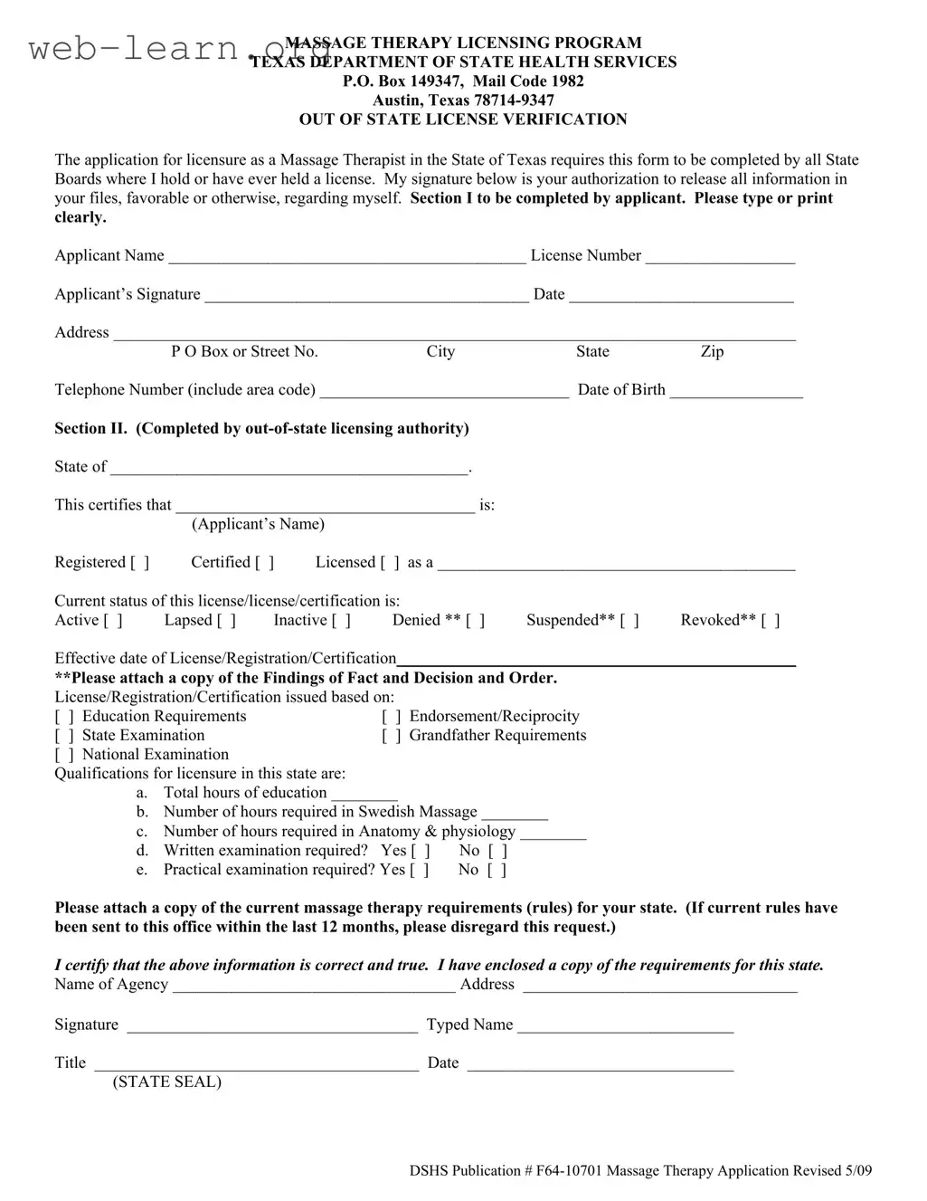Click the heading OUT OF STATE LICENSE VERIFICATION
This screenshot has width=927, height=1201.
click(463, 119)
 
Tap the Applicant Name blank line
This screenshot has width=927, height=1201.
click(347, 257)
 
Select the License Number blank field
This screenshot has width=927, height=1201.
click(720, 257)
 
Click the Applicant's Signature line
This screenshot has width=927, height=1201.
click(366, 295)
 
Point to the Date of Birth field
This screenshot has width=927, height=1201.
click(736, 391)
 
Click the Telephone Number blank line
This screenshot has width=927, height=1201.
click(444, 391)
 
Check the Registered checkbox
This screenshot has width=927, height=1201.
click(140, 563)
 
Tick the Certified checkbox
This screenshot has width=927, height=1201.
click(264, 563)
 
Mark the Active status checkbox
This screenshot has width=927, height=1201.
click(113, 621)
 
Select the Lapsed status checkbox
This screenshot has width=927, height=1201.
click(226, 621)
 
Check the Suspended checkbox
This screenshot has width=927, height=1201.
click(629, 621)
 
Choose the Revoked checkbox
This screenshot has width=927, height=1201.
click(771, 621)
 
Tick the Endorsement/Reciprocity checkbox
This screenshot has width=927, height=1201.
click(392, 717)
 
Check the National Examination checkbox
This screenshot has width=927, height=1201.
click(64, 755)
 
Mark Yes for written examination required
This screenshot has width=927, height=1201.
click(421, 852)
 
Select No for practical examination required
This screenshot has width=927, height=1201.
click(497, 871)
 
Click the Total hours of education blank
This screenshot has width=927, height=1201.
click(364, 794)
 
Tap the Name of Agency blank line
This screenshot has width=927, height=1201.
click(314, 986)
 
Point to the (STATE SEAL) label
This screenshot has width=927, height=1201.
click(166, 1082)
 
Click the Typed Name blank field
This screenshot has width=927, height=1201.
click(625, 1026)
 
